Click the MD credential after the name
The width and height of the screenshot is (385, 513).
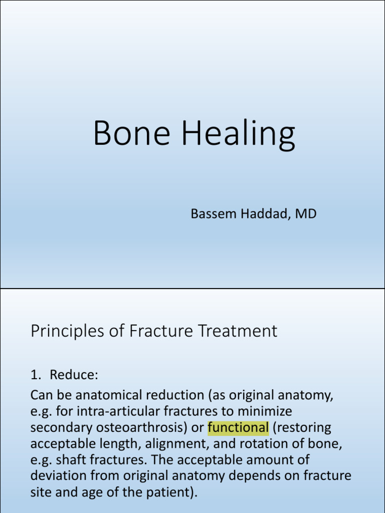(x=306, y=214)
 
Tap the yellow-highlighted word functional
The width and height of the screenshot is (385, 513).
(x=238, y=428)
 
